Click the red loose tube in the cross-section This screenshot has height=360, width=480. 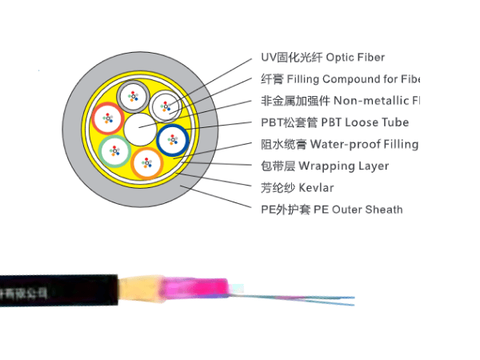106,120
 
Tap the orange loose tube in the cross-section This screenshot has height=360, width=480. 146,162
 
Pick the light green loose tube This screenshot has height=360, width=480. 116,150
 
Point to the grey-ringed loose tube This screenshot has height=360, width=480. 132,98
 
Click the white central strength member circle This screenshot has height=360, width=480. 142,127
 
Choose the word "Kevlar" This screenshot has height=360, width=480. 316,188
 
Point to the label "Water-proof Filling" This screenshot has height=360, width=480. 364,145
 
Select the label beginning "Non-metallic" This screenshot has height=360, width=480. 377,101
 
